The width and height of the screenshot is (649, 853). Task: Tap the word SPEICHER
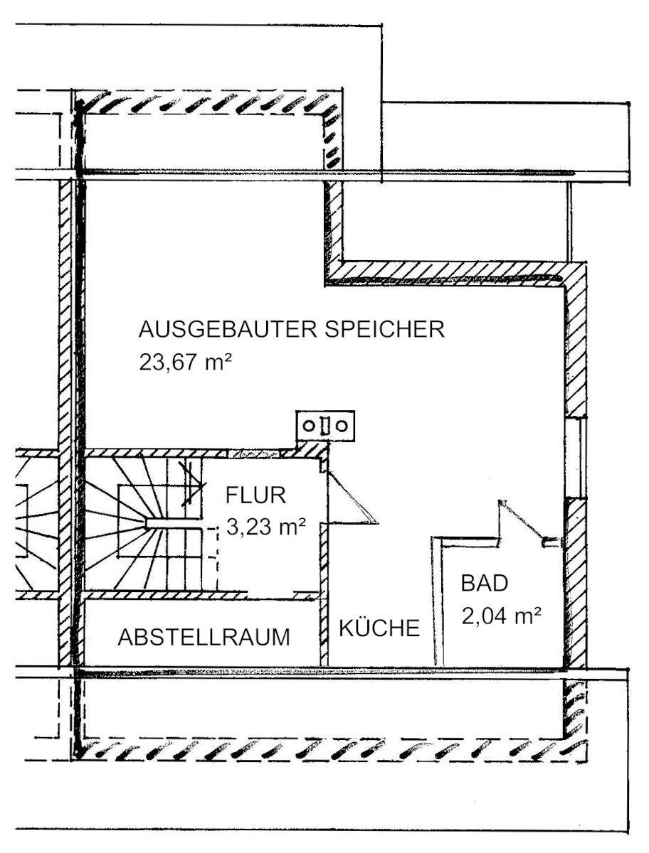tap(385, 331)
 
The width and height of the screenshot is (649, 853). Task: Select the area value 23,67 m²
tap(186, 363)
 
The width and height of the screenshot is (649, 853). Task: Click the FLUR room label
tap(256, 495)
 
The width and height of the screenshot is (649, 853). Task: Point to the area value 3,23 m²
tap(265, 528)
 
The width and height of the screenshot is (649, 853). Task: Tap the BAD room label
tap(485, 584)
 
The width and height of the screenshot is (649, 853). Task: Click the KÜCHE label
tap(379, 629)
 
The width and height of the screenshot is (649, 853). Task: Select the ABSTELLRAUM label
tap(204, 638)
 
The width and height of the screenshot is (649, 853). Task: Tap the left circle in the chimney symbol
tap(310, 426)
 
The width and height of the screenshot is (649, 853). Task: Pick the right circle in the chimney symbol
tap(342, 426)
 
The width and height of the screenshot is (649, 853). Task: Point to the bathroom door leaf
tap(524, 522)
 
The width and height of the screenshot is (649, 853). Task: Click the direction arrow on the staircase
tap(191, 483)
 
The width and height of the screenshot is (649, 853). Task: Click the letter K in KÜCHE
tap(345, 629)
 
